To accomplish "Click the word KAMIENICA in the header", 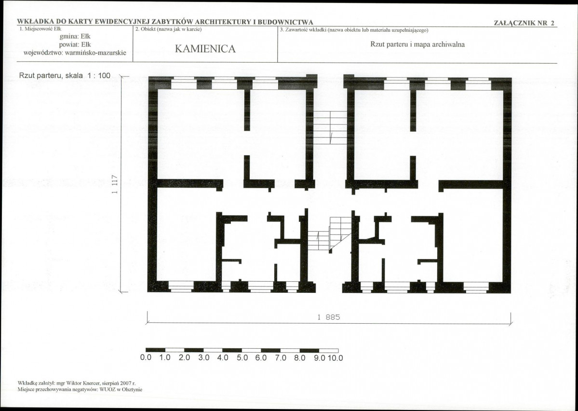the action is [x=205, y=49].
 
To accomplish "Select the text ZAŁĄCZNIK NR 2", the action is [x=524, y=23].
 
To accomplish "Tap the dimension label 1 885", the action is [x=328, y=317].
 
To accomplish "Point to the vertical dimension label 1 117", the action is [x=115, y=184].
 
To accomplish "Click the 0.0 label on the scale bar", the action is [x=146, y=358].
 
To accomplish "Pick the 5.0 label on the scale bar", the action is [x=242, y=358].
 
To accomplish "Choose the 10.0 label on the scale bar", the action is [x=335, y=358].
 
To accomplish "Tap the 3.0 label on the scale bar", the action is [x=203, y=358].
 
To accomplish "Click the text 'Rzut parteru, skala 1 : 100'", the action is [x=65, y=76].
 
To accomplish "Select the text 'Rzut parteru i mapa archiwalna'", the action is [x=417, y=45].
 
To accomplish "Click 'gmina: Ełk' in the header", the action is [x=75, y=37].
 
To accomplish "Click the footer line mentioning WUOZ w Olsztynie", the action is [x=80, y=389].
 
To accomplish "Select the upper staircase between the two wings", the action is [x=330, y=128].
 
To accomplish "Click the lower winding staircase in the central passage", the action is [x=330, y=234].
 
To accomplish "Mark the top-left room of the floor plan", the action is [x=201, y=135].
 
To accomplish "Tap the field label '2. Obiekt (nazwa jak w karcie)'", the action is [x=168, y=29].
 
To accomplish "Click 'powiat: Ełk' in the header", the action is [x=75, y=45].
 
